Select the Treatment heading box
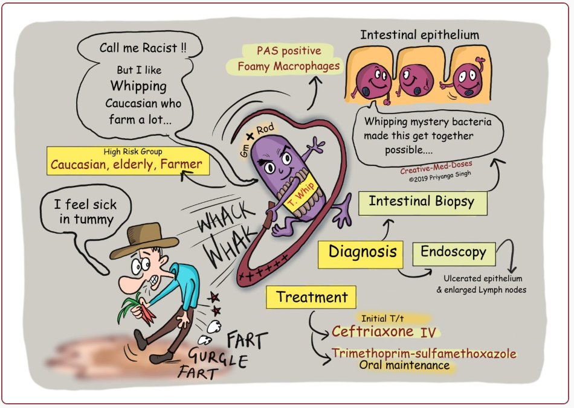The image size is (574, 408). point(311,297)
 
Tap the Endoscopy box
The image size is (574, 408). point(453,253)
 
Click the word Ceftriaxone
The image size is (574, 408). point(373,331)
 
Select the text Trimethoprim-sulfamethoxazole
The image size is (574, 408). point(423,353)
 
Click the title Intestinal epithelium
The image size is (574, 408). point(419,35)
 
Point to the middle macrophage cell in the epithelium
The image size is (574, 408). point(411,81)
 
